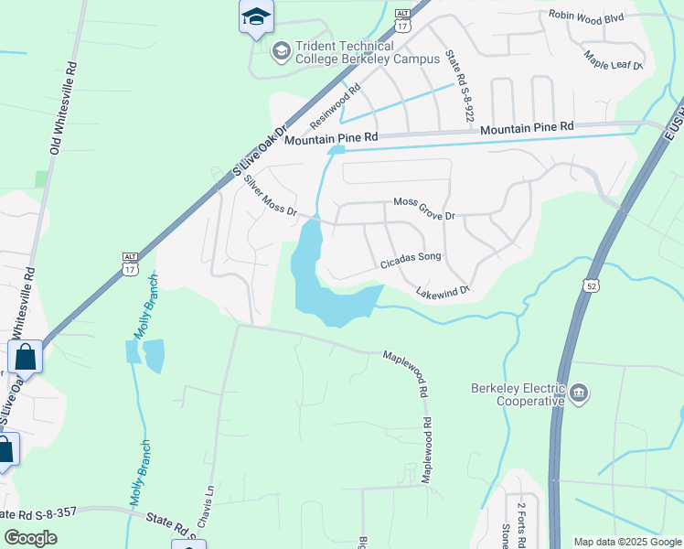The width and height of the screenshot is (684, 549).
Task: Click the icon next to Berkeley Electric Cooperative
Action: [x=578, y=394]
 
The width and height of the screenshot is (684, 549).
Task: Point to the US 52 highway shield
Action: [x=592, y=286]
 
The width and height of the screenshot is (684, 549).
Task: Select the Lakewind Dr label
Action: [x=443, y=292]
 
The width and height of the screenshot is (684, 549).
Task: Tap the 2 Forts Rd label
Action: [x=521, y=523]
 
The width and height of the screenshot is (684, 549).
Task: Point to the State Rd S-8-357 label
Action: [x=41, y=513]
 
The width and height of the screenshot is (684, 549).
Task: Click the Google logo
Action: [x=31, y=538]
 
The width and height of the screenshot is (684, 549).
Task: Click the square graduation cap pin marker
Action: [x=256, y=16]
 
